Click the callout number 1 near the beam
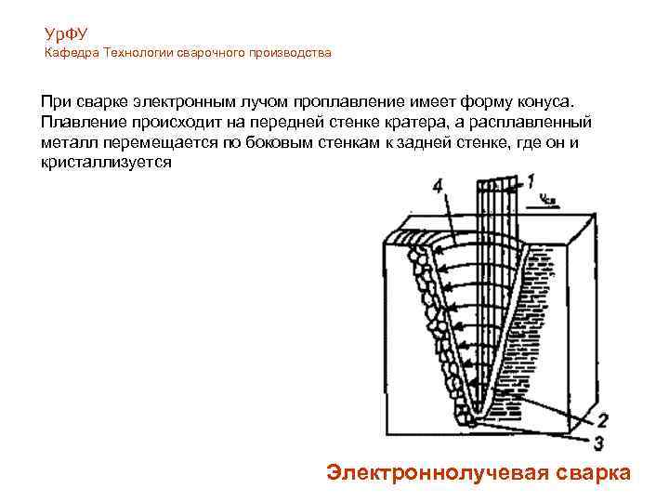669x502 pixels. (531, 180)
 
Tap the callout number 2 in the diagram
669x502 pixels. (602, 419)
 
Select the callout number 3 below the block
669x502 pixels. (598, 442)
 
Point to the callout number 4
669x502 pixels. (438, 187)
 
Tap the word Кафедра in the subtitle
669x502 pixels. (72, 53)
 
